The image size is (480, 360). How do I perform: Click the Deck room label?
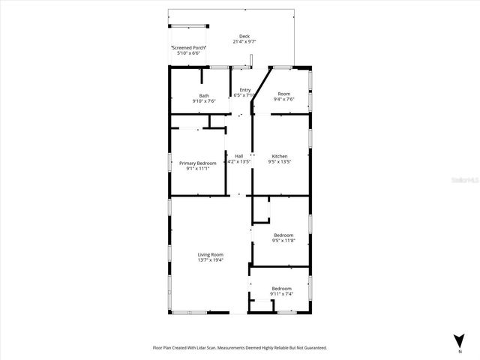click(244, 36)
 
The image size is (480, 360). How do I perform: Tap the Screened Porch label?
click(190, 47)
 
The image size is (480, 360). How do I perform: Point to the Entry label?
click(245, 90)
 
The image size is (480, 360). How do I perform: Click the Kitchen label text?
click(279, 156)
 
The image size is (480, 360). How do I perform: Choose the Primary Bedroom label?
click(197, 163)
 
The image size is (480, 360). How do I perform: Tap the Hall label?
click(238, 156)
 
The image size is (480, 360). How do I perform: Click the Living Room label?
click(211, 254)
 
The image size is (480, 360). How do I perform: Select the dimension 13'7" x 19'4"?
click(211, 260)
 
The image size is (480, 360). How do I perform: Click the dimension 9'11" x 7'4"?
click(281, 294)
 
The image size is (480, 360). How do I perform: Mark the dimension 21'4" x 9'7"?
click(244, 42)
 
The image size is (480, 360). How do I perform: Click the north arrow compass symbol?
click(459, 340)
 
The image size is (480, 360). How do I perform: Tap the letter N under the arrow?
click(459, 351)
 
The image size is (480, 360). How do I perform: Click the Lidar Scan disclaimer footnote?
click(240, 348)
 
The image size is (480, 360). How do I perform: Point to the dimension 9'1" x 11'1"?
click(197, 169)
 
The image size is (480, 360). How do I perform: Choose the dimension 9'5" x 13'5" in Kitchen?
click(279, 162)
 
